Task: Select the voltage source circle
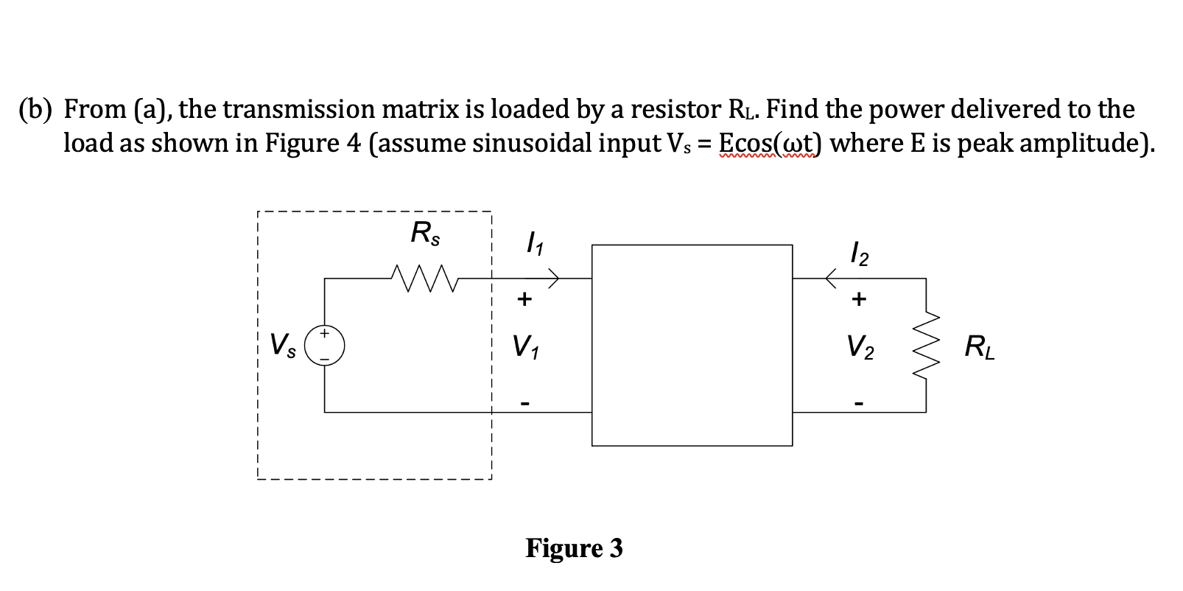point(325,346)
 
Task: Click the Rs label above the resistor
point(425,234)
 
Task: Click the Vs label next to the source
point(284,346)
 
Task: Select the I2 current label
point(860,254)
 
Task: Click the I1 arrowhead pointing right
point(553,278)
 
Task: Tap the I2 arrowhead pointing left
point(832,278)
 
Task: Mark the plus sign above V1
point(524,299)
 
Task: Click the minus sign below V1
point(524,404)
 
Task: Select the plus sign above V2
point(860,299)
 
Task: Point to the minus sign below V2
point(860,404)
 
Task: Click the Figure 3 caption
point(574,548)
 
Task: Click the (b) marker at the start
point(36,110)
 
